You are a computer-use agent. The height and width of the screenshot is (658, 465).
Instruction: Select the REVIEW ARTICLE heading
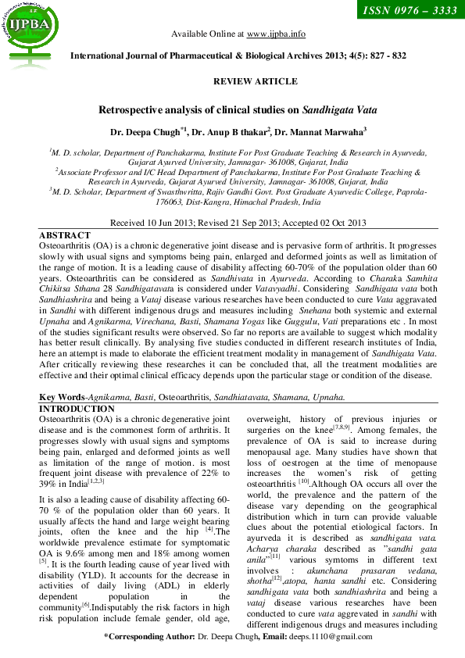tap(255, 81)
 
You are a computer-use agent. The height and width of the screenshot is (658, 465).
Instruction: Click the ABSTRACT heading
tap(65, 235)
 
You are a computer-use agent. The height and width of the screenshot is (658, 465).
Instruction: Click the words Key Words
tap(62, 398)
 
